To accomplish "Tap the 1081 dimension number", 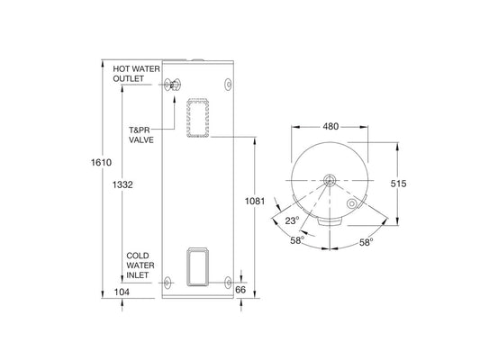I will [255, 202].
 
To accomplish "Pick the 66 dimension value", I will [240, 290].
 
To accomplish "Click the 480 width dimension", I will [331, 126].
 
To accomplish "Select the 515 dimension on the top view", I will [398, 184].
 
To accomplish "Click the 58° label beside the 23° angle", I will [298, 239].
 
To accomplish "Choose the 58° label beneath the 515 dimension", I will [367, 242].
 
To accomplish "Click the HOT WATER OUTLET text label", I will [134, 73].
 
